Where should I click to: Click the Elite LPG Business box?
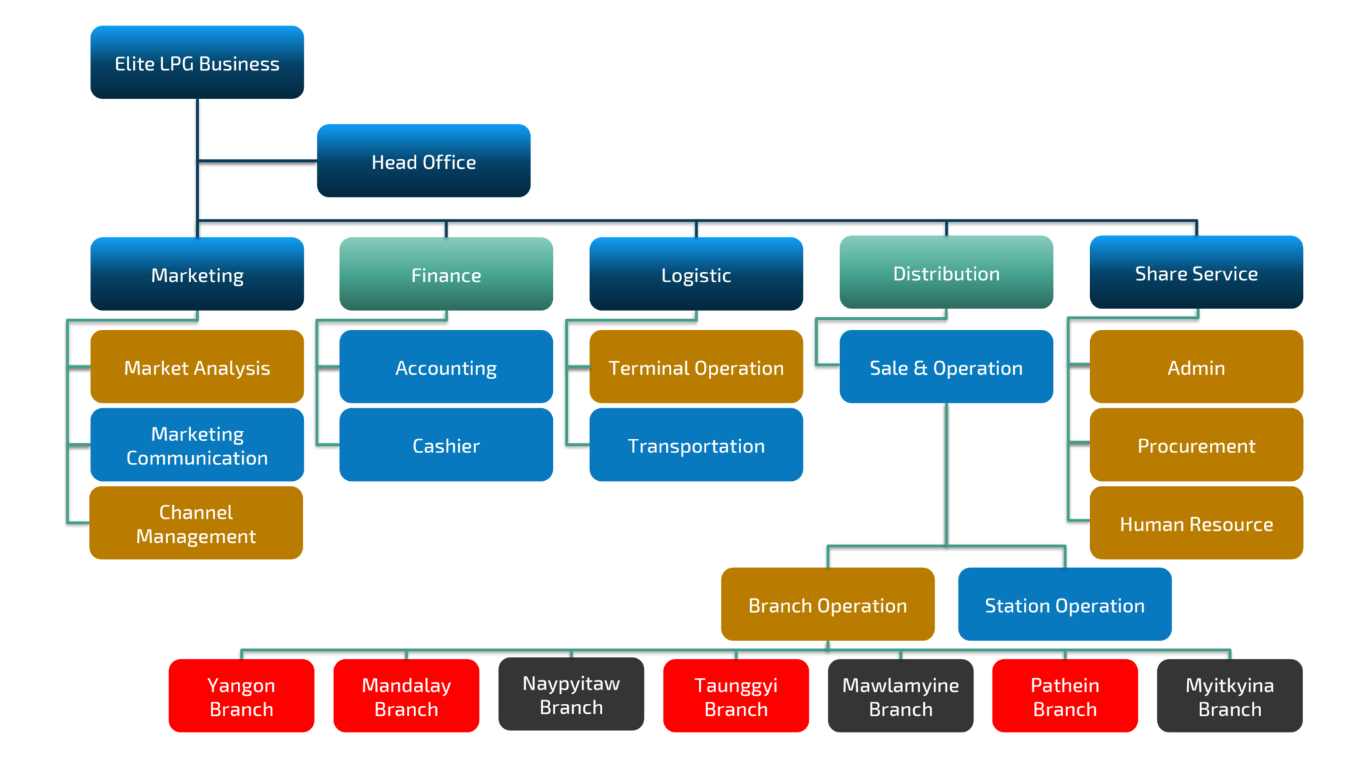(197, 63)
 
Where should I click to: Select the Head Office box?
(424, 161)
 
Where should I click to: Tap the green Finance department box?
(446, 274)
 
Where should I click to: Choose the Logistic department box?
(696, 274)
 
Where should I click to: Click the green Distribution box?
(946, 273)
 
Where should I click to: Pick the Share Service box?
(1196, 273)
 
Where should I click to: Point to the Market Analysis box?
(197, 367)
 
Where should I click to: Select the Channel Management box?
(196, 524)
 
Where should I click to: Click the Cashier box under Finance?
(446, 445)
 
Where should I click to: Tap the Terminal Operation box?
(696, 367)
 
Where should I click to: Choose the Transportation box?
(696, 445)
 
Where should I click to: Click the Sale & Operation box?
(946, 367)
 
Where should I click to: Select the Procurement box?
(1196, 445)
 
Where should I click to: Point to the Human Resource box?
(1196, 524)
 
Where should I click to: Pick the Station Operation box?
(1064, 605)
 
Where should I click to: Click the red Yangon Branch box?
(242, 696)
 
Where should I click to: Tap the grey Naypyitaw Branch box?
(571, 695)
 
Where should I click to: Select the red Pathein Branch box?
(1065, 696)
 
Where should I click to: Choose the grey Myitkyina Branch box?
(1230, 696)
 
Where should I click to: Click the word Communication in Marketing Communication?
(197, 458)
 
